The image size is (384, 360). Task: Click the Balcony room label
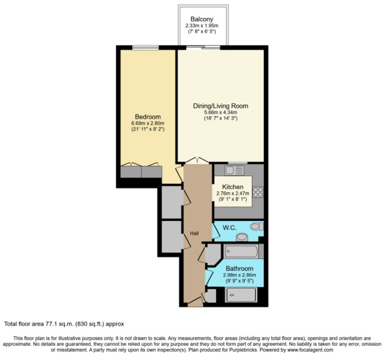point(202,19)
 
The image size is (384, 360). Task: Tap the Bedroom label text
point(148,117)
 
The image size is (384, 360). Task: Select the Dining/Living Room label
point(221,106)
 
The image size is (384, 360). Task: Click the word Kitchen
point(232,187)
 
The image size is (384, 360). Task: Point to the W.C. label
point(229,228)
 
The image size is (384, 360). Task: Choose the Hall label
point(194,234)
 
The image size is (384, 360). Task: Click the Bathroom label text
point(240,269)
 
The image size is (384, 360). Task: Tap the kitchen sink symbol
point(234,170)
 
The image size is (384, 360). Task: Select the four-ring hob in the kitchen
point(258,192)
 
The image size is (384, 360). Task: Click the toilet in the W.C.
point(257,226)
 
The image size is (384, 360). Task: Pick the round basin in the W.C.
point(242,237)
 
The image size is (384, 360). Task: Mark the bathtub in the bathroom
point(241,251)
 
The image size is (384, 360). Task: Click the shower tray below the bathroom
point(241,295)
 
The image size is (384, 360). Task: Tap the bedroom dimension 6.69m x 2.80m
point(148,123)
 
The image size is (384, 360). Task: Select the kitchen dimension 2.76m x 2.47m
point(232,193)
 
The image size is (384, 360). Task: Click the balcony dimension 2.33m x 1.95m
point(202,26)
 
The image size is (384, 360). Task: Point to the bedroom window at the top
point(146,48)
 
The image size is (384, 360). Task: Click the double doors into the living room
point(197,160)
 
